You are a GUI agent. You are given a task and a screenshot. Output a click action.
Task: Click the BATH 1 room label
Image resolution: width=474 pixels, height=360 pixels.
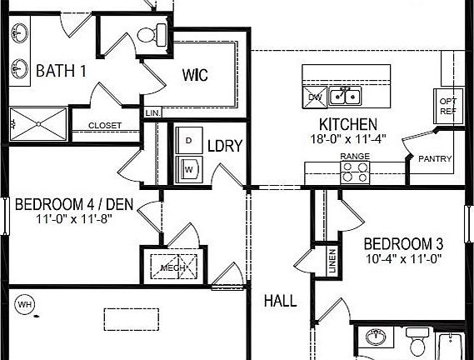point(61,70)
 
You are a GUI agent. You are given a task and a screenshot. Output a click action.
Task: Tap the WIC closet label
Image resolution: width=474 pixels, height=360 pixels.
point(195,74)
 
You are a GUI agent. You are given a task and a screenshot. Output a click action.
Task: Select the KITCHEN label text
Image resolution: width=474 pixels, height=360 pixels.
point(332,124)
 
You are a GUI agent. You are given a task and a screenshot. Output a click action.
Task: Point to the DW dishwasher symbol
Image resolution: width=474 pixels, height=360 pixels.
point(314,97)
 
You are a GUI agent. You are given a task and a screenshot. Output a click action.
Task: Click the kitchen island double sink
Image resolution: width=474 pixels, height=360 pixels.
point(345,97)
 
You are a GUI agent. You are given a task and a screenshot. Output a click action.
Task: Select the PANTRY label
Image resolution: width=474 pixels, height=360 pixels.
point(435,159)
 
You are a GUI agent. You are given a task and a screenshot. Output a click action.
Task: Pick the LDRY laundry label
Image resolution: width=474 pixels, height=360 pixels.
point(224,147)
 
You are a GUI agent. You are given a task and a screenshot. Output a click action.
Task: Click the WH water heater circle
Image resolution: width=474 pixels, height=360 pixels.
point(25,304)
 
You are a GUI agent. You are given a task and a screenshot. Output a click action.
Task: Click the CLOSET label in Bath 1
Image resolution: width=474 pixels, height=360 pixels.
point(104,126)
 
